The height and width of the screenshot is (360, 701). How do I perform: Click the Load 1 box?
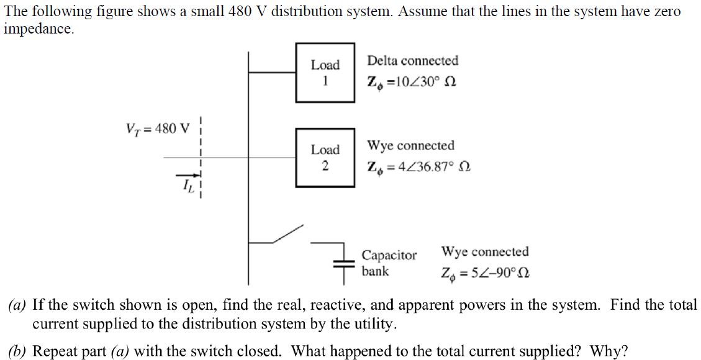click(x=325, y=72)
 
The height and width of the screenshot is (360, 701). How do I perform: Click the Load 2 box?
click(x=325, y=157)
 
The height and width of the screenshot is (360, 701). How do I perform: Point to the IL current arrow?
click(x=186, y=176)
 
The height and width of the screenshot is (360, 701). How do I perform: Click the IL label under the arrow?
click(x=187, y=186)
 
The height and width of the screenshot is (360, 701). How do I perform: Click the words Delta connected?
click(x=412, y=61)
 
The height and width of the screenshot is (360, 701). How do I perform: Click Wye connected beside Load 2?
click(x=410, y=145)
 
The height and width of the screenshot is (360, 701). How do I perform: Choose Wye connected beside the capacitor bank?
click(x=485, y=251)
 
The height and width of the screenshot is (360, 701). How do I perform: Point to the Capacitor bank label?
click(x=389, y=263)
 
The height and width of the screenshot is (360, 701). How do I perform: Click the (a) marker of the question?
click(x=17, y=305)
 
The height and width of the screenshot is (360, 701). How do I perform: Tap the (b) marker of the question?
click(x=17, y=351)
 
